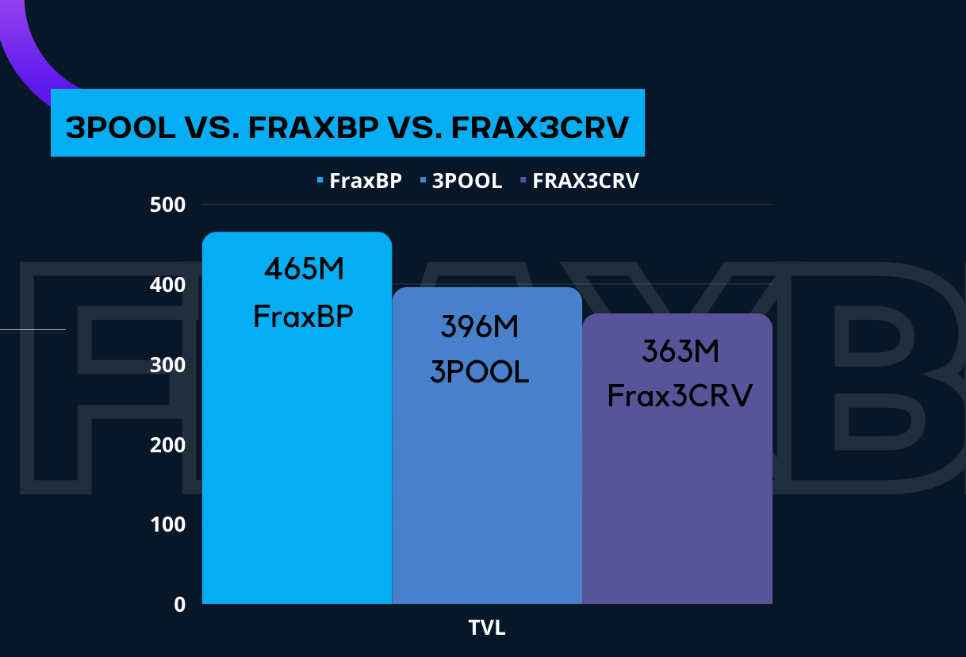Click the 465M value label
coord(304,269)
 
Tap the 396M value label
coord(479,326)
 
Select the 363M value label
coord(680,351)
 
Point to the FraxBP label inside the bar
coord(303,317)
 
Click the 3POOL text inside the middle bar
coord(480,371)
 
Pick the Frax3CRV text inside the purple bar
coord(680,396)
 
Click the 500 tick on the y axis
coord(168,205)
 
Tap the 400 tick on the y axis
coord(168,285)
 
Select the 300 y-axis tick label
coord(168,365)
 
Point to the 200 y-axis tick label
coord(168,445)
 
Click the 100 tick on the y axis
coord(168,524)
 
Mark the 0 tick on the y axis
coord(180,605)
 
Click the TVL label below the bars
coord(487,628)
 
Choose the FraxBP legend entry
coord(359,181)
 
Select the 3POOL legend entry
coord(462,181)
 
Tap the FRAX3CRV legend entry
coord(580,181)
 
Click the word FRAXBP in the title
coord(313,128)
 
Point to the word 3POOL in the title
coord(121,128)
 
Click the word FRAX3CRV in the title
coord(540,128)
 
